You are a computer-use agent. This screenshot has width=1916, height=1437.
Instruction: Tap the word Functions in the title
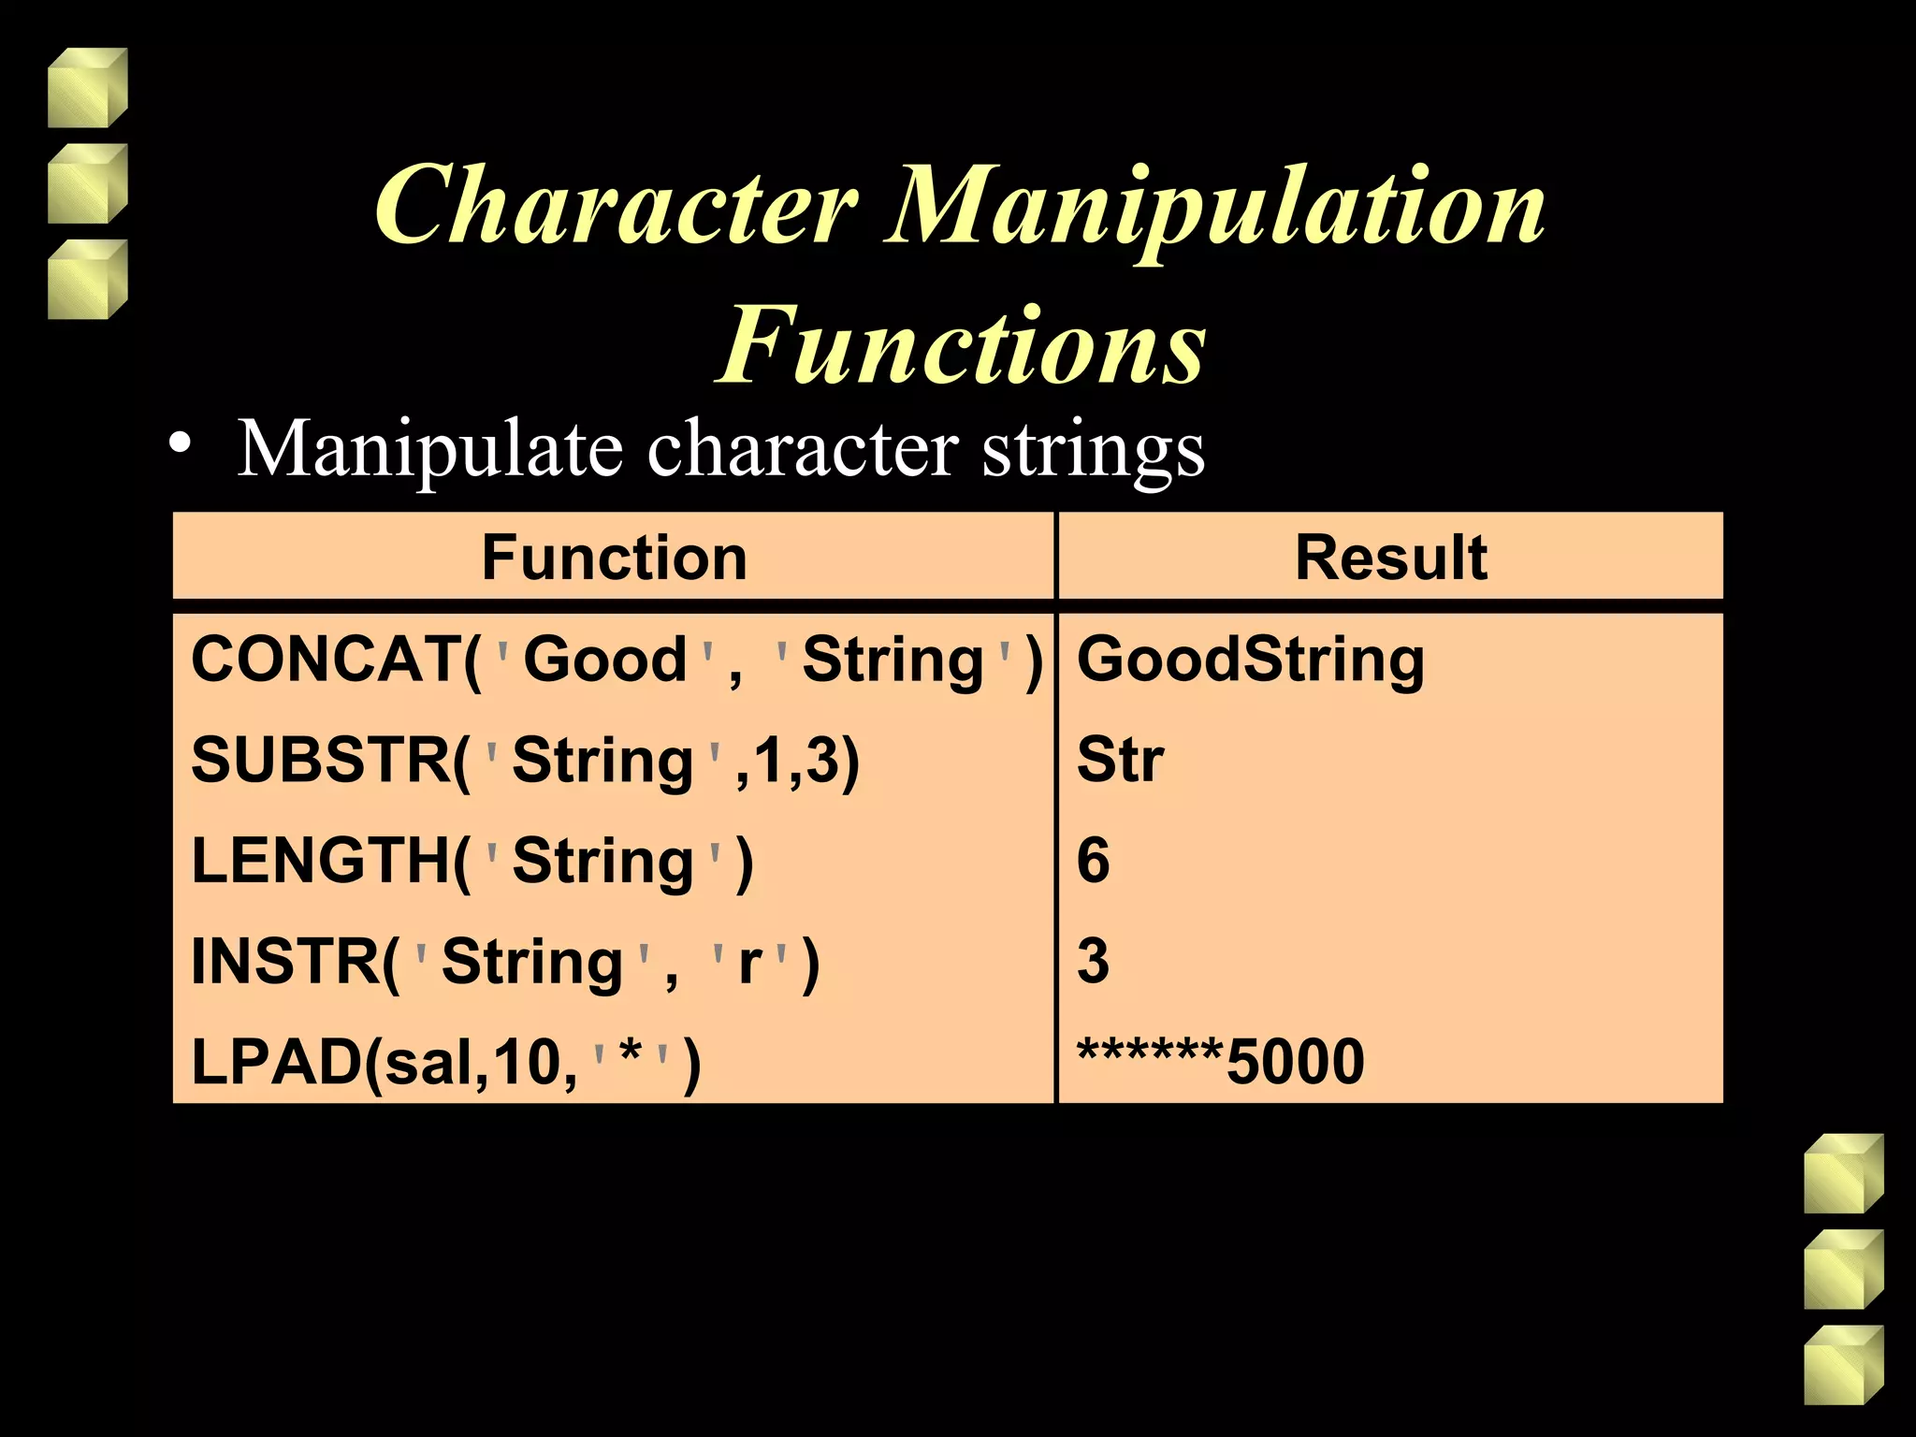(x=962, y=346)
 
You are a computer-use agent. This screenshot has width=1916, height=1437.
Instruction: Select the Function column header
(x=614, y=558)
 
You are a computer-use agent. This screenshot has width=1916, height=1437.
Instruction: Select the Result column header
(x=1390, y=558)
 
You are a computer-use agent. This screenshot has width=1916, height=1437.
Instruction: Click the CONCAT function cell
(x=616, y=660)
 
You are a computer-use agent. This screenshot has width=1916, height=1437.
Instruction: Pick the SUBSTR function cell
(x=524, y=760)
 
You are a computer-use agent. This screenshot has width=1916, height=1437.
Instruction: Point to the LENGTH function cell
(x=472, y=861)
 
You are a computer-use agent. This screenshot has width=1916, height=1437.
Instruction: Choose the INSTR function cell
(x=505, y=962)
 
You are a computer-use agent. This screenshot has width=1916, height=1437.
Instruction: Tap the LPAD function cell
(x=445, y=1063)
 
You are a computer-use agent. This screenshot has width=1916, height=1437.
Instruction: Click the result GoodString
(x=1250, y=660)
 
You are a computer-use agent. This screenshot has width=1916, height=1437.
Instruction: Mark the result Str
(x=1120, y=760)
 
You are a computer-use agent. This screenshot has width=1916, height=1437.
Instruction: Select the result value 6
(x=1093, y=861)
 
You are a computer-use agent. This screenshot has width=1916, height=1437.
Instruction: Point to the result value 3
(x=1093, y=962)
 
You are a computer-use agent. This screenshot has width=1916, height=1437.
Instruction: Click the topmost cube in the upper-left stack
(x=87, y=88)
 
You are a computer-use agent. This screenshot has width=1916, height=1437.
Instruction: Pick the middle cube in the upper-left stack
(x=87, y=184)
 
